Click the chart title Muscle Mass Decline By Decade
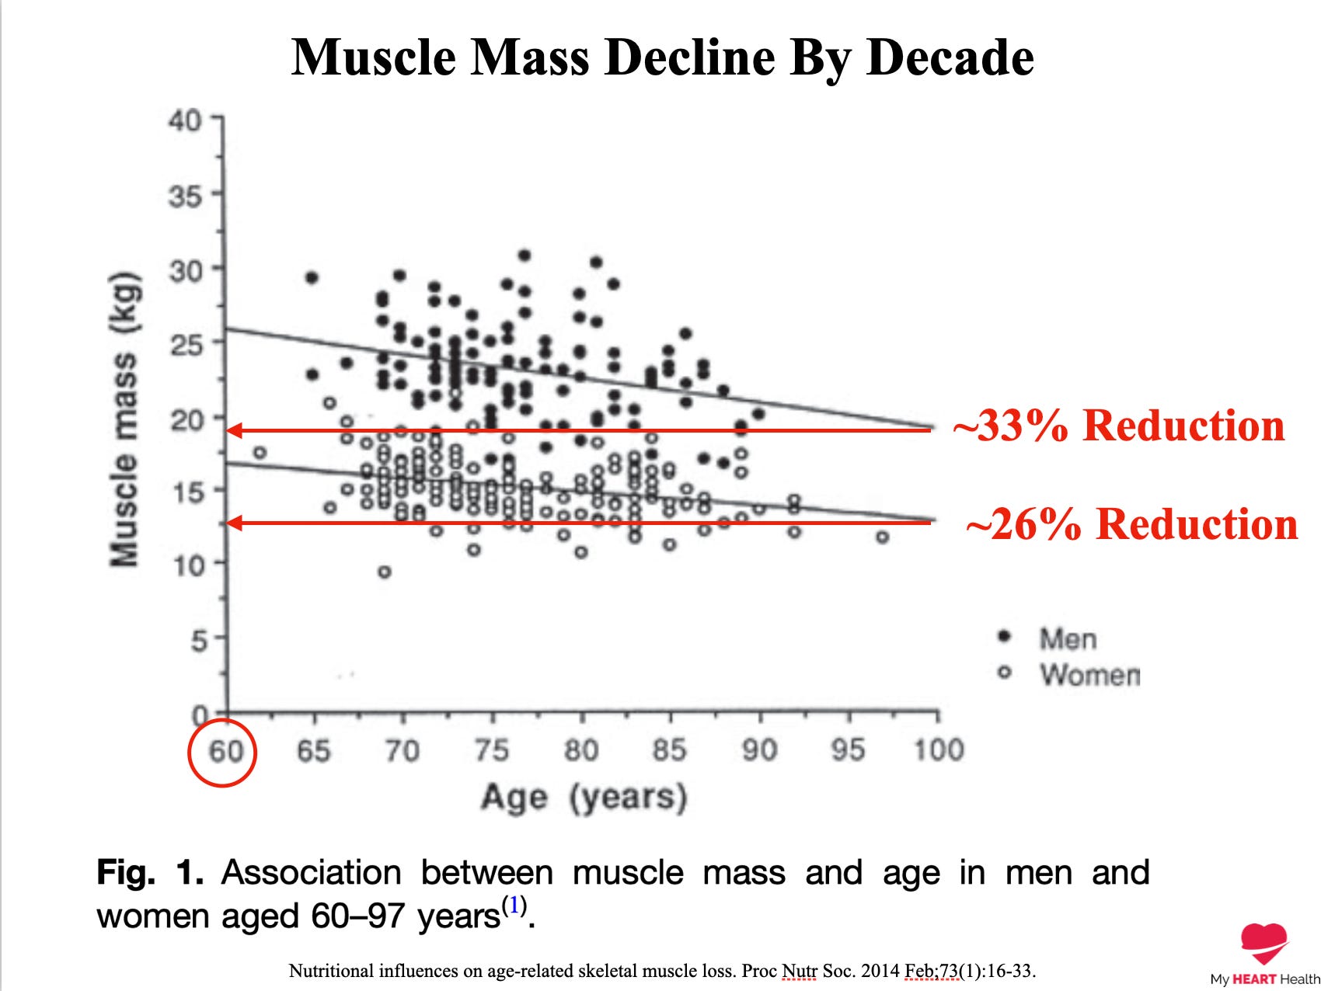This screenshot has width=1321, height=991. [663, 57]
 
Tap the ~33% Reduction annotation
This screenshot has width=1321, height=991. [1119, 426]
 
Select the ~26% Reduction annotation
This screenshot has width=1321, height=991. [1131, 523]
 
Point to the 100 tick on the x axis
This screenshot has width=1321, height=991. [938, 750]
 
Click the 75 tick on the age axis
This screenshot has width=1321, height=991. [491, 750]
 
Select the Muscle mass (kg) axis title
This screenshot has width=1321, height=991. [124, 419]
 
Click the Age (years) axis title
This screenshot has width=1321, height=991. [584, 798]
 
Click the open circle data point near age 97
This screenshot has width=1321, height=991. [882, 537]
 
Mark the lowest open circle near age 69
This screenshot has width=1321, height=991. [384, 572]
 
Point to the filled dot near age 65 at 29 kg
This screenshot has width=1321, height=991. [312, 277]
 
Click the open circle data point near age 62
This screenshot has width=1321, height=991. [260, 452]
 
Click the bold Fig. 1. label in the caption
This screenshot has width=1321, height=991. [150, 872]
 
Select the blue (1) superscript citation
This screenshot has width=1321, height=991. [514, 906]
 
